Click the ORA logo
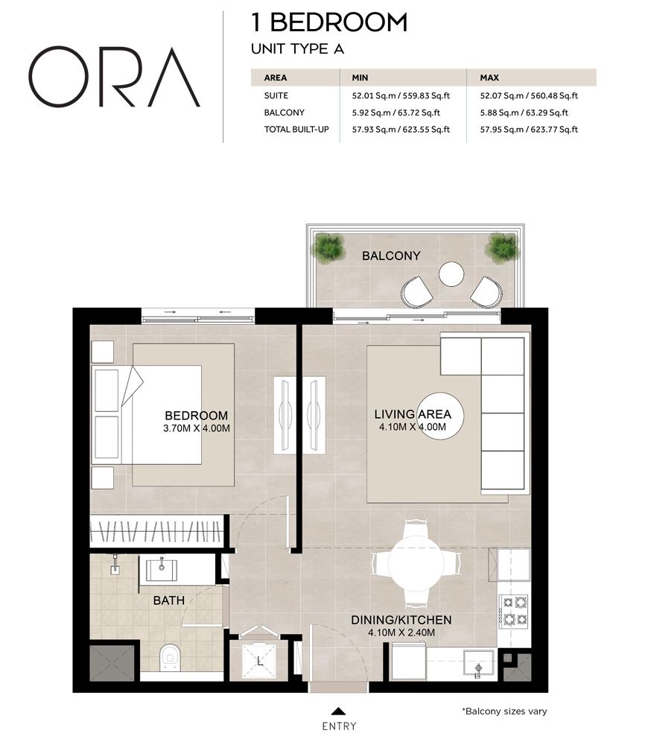114,77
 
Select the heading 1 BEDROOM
329,22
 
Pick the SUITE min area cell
395,95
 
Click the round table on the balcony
451,274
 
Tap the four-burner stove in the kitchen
513,610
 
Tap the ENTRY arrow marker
339,711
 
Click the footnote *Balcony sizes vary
504,711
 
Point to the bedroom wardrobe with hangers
156,532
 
